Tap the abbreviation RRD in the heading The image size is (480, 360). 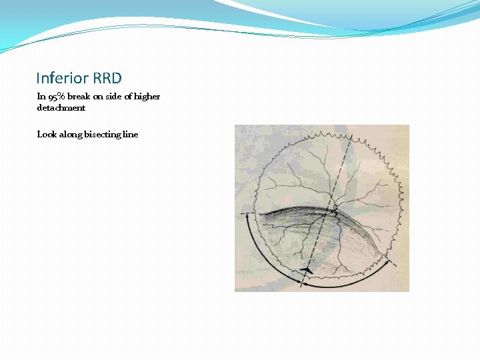(x=107, y=79)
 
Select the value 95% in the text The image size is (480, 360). (x=55, y=97)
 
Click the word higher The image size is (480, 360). (x=147, y=96)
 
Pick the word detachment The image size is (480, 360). (x=61, y=107)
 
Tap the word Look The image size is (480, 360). (x=47, y=134)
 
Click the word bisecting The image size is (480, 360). (x=103, y=134)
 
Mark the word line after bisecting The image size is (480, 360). (x=131, y=134)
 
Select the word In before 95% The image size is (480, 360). (x=40, y=96)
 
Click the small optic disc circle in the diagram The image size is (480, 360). (x=335, y=211)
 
